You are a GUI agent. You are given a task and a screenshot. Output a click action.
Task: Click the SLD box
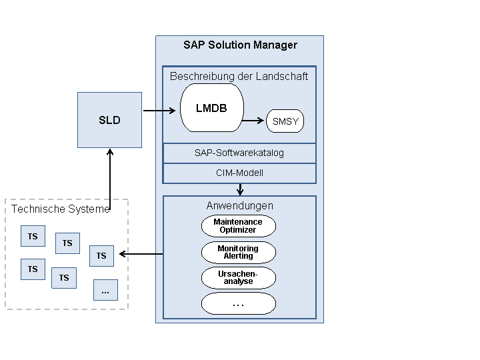pos(109,120)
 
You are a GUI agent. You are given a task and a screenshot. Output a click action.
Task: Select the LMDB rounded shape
pos(212,108)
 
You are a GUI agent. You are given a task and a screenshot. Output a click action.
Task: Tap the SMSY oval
pos(285,121)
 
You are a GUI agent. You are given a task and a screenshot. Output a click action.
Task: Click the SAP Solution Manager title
pos(240,45)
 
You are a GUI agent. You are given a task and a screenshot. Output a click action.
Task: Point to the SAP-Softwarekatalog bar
pos(239,153)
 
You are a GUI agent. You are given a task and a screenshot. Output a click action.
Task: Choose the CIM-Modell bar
pos(239,173)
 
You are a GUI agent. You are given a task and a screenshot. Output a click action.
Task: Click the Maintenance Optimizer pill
pos(239,226)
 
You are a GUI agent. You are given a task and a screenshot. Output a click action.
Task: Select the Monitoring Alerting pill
pos(239,253)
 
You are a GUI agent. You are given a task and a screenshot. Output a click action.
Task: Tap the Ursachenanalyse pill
pos(239,278)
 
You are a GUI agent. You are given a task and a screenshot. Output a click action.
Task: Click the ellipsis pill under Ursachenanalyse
pos(239,304)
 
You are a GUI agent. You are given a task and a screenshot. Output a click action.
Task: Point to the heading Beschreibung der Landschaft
pos(239,77)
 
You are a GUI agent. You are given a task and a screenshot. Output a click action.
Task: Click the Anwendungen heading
pos(239,206)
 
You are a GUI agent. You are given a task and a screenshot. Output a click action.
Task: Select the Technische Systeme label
pos(60,209)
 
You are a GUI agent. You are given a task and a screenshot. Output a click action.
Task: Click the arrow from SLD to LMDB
pos(161,111)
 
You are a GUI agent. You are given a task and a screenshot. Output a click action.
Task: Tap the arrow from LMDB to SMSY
pos(254,121)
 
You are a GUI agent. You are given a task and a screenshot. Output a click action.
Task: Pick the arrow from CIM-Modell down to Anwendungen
pos(240,189)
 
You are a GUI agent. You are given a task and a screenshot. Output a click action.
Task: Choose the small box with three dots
pos(105,290)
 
